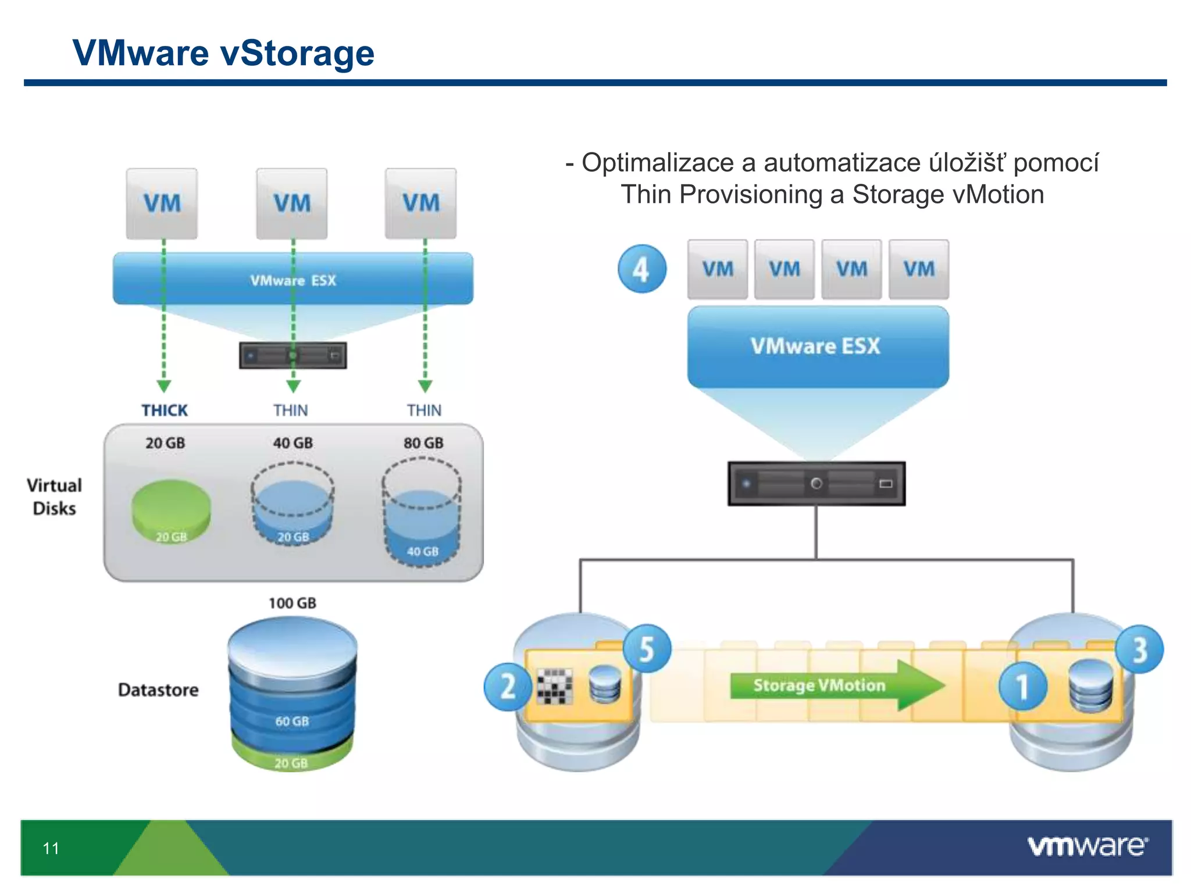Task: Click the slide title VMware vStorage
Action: coord(223,53)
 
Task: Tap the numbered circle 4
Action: coord(641,269)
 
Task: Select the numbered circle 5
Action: coord(647,648)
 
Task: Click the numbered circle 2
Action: coord(508,687)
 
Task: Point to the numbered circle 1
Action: coord(1022,687)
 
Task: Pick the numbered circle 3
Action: coord(1139,649)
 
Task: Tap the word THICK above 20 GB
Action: coord(165,410)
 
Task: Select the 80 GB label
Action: coord(423,443)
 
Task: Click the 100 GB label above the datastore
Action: coord(292,603)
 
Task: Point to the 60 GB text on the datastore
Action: coord(292,721)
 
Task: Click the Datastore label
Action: coord(158,690)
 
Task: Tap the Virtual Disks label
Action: coord(54,496)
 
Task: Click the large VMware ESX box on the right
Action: coord(817,347)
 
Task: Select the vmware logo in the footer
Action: coord(1087,846)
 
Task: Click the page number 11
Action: coord(51,848)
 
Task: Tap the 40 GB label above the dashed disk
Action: coord(293,443)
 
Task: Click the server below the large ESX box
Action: coord(816,484)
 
